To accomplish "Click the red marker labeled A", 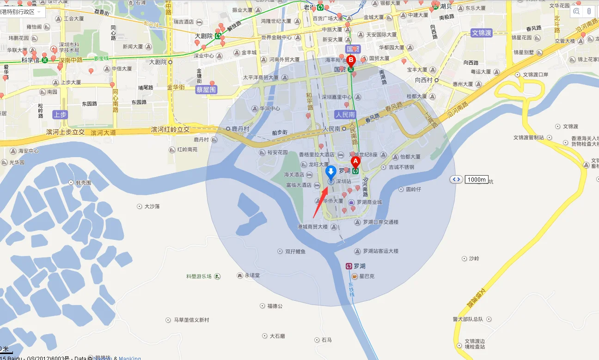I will click(x=355, y=161).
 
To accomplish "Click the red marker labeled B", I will click(x=351, y=60).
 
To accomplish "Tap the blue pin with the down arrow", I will click(x=331, y=172).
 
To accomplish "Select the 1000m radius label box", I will click(x=476, y=179).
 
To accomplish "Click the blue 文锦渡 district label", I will click(x=482, y=33).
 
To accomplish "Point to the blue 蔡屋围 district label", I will click(x=206, y=90).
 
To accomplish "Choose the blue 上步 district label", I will click(x=60, y=115).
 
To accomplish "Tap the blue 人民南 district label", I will click(x=345, y=114).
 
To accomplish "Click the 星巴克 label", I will click(x=367, y=276).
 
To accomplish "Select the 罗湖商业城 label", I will click(x=369, y=202).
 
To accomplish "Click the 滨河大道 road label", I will click(x=103, y=133).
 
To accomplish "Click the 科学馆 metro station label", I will click(x=31, y=60).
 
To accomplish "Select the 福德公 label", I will click(x=275, y=306).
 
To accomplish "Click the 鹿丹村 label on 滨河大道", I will click(x=240, y=128).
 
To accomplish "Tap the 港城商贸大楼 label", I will click(x=312, y=227).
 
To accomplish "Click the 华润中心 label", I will click(x=270, y=109).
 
